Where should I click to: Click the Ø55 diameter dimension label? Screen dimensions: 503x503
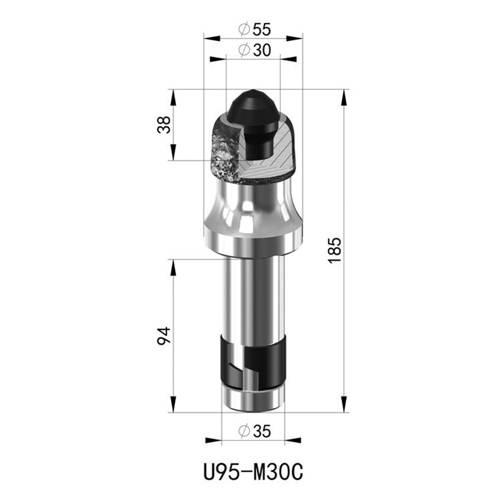tap(255, 30)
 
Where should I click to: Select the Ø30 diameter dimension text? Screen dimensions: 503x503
tap(255, 50)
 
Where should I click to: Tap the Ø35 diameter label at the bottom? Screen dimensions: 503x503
tap(255, 431)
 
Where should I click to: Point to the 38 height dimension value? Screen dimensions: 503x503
tap(164, 124)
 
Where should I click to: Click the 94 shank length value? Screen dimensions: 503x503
tap(164, 336)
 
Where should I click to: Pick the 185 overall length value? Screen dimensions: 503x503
tap(334, 250)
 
